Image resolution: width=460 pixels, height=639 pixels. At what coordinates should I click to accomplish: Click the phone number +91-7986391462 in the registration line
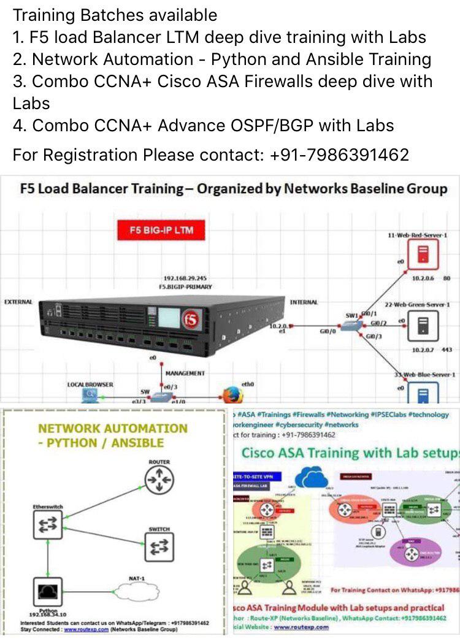pyautogui.click(x=339, y=155)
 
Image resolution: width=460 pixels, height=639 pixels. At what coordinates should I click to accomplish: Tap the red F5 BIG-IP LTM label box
pyautogui.click(x=160, y=231)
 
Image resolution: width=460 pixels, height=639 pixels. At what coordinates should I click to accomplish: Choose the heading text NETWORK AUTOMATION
pyautogui.click(x=112, y=428)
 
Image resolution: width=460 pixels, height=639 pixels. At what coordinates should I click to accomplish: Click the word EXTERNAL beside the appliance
pyautogui.click(x=19, y=302)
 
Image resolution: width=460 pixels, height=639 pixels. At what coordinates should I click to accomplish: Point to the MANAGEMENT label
pyautogui.click(x=185, y=373)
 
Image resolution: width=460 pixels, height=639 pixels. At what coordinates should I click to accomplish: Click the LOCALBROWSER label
pyautogui.click(x=90, y=384)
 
